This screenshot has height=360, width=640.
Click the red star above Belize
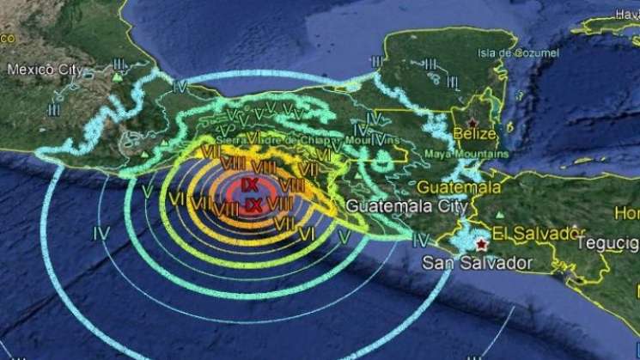pos(472,123)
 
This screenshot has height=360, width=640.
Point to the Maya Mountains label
pos(473,155)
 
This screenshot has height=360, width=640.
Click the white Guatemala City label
pos(407,207)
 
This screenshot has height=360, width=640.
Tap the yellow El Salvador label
pos(532,234)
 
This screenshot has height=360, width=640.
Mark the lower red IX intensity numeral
pos(253,205)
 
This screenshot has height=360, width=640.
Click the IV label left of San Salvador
pos(421,240)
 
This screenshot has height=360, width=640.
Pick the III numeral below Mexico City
pos(54,109)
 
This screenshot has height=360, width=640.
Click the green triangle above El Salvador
pos(500,214)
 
